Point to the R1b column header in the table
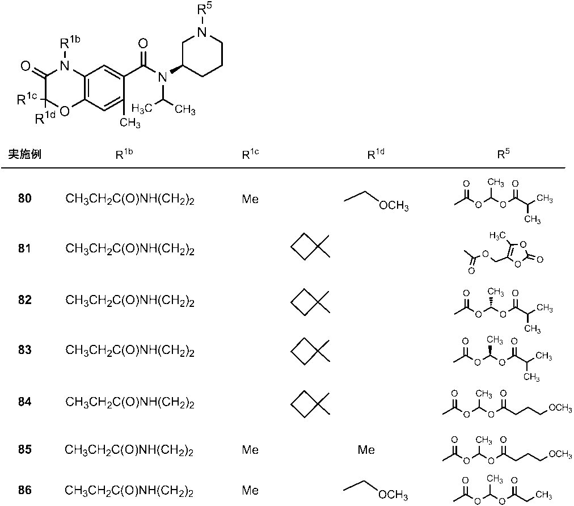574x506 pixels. (x=130, y=153)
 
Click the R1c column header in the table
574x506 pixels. (x=250, y=153)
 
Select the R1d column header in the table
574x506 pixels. (x=372, y=153)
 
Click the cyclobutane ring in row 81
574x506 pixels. (x=305, y=248)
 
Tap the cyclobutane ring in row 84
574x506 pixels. (x=305, y=402)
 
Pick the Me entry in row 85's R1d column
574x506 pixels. (x=366, y=450)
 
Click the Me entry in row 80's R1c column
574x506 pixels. (x=250, y=199)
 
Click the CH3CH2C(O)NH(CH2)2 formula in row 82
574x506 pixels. (x=130, y=300)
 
